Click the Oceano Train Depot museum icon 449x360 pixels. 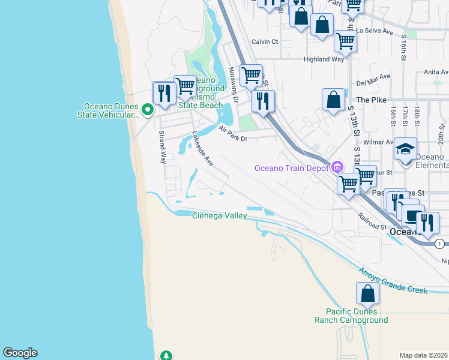tap(337, 166)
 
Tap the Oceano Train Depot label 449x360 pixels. tap(292, 168)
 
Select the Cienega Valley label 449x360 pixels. tap(219, 215)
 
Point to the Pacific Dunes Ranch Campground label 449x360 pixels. tap(351, 316)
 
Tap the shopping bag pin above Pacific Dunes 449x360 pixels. tap(367, 294)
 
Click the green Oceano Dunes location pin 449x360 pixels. tap(148, 110)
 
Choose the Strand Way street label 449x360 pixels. tap(162, 148)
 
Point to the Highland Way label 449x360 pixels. tap(324, 59)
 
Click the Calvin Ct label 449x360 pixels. tap(265, 41)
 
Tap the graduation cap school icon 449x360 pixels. tap(405, 149)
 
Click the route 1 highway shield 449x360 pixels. tap(440, 244)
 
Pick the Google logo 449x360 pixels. tap(20, 353)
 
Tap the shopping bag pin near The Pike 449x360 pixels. tap(333, 100)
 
